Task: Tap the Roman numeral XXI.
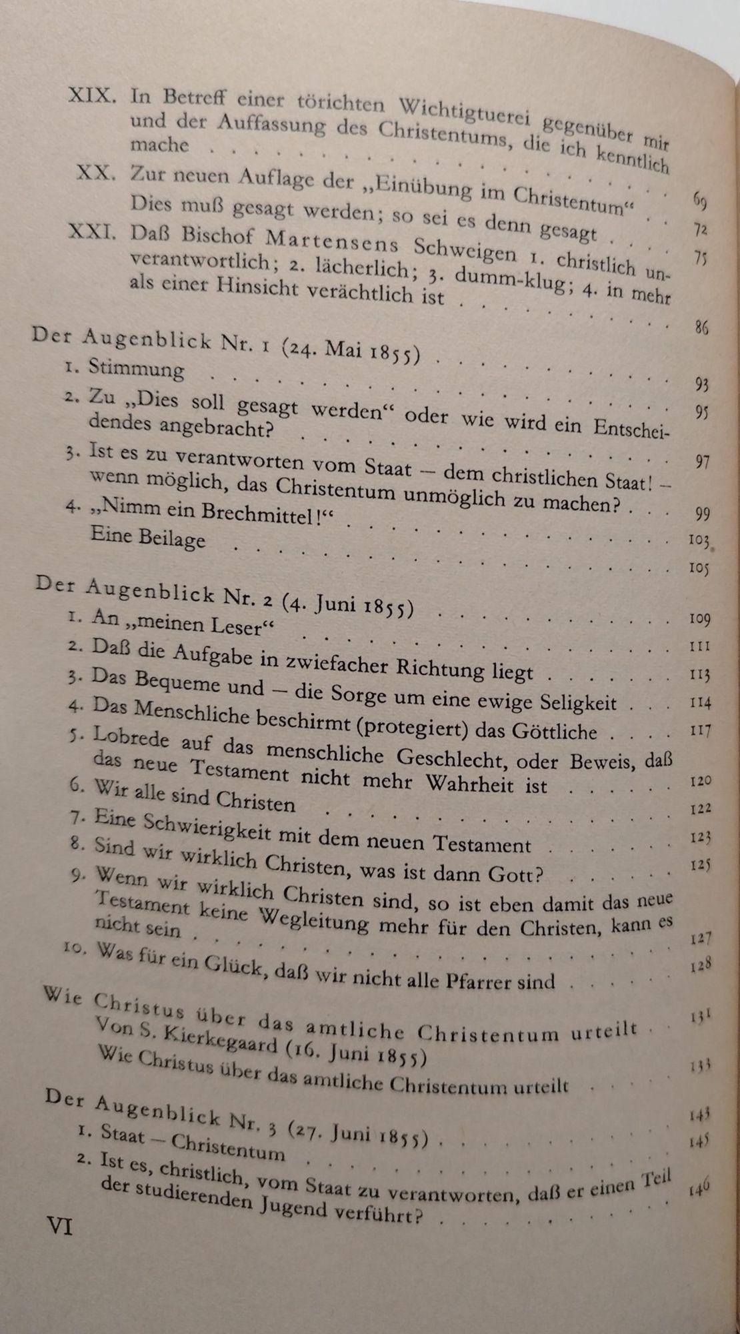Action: coord(93,234)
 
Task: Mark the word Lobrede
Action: coord(136,738)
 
